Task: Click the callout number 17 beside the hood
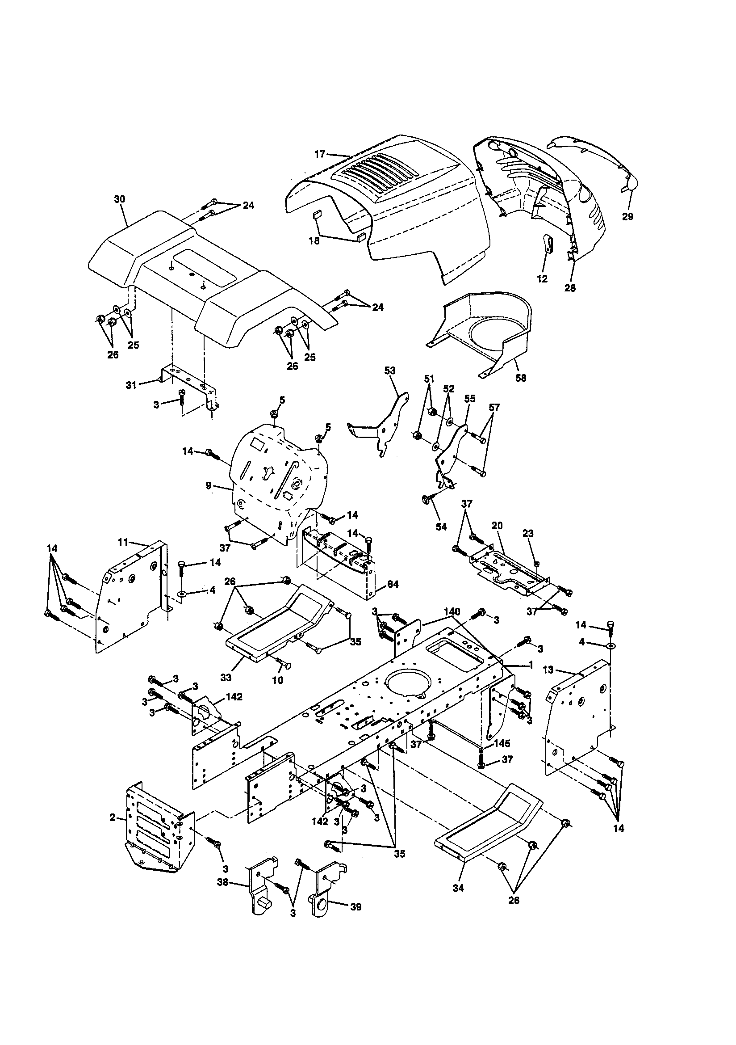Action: tap(320, 154)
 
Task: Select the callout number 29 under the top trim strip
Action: tap(627, 217)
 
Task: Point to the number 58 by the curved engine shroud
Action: tap(521, 377)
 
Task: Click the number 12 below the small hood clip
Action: tap(542, 279)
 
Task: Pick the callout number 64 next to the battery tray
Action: tap(392, 584)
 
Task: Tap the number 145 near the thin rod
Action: tap(502, 743)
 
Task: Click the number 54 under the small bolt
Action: tap(441, 527)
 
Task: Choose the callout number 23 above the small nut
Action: tap(528, 533)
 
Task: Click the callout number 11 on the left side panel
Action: tap(123, 543)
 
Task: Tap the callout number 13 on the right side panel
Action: tap(549, 670)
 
